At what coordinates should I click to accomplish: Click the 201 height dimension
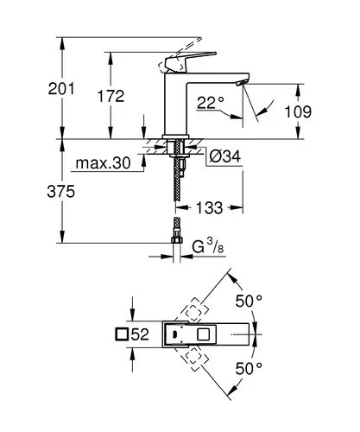point(61,88)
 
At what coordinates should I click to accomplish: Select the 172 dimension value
point(111,96)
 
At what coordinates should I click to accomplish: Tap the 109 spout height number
point(298,111)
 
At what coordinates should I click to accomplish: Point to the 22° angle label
point(211,103)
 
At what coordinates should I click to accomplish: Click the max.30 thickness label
point(103,163)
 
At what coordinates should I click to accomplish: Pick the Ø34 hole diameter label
point(225,156)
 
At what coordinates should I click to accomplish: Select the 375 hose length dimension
point(61,191)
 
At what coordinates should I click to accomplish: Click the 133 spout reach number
point(209,207)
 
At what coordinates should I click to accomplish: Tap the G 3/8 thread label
point(208,247)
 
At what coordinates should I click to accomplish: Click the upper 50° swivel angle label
point(249,302)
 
